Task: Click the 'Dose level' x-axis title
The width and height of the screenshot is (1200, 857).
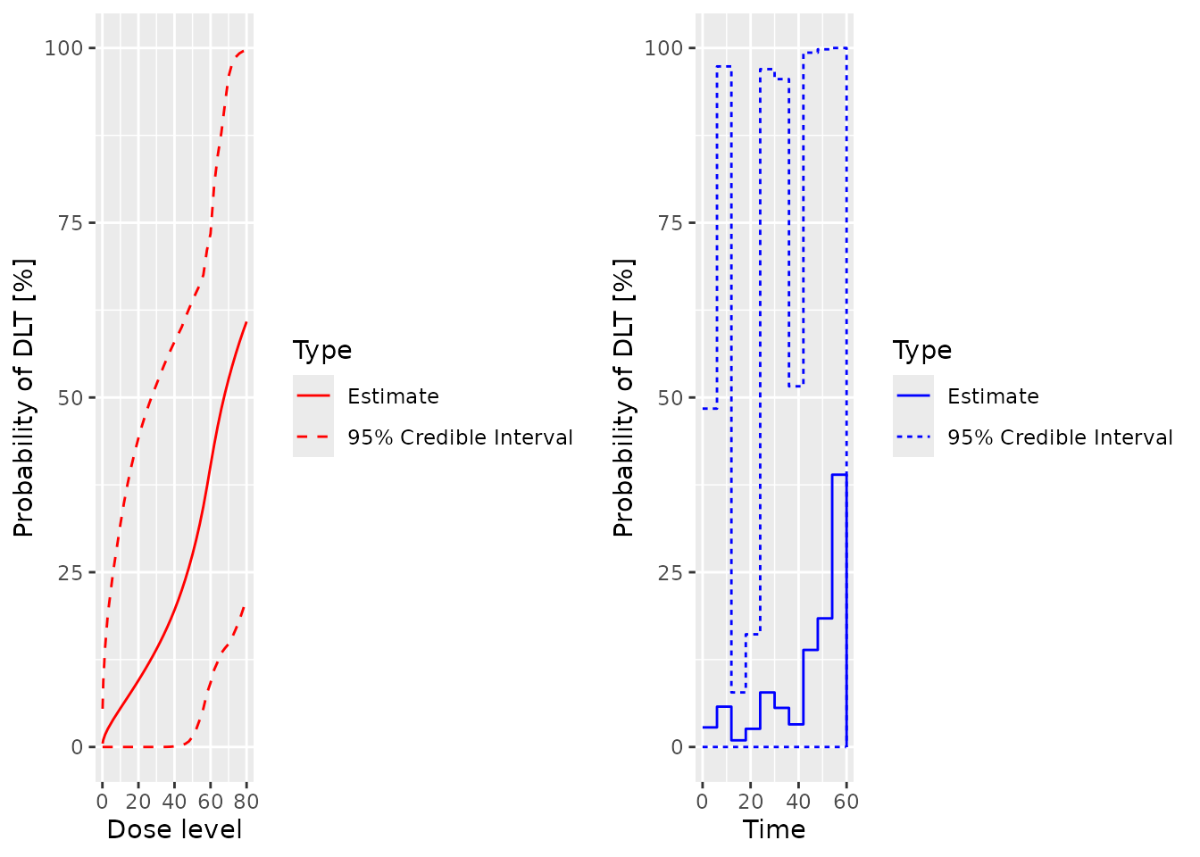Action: point(174,829)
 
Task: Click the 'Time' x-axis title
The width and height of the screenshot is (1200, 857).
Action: point(774,829)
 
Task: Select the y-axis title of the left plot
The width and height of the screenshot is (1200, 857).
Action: point(24,398)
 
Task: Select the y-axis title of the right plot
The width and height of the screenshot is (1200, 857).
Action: point(624,398)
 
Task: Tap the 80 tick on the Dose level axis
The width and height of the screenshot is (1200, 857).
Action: point(246,802)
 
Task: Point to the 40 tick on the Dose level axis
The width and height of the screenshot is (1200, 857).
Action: point(174,802)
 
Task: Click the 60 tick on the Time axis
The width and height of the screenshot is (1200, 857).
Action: point(846,802)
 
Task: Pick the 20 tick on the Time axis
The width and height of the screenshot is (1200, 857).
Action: point(750,802)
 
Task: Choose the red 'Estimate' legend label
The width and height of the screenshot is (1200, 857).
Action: point(393,396)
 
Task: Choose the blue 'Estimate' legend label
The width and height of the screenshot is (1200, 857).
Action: point(993,396)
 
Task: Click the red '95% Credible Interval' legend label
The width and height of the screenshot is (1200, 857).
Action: point(460,437)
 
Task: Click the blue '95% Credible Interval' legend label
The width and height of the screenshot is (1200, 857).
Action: point(1060,437)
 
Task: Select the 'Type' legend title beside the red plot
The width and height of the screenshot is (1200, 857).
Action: point(322,350)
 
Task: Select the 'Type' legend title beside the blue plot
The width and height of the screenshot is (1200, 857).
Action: point(922,350)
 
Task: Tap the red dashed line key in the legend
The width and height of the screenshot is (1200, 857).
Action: point(313,437)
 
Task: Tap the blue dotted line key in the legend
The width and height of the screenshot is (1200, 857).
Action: point(913,437)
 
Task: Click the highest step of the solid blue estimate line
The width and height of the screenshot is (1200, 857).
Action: point(839,475)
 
